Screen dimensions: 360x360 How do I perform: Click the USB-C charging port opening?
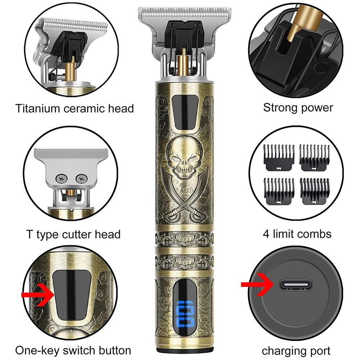(296, 285)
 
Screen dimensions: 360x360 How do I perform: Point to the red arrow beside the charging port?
(258, 284)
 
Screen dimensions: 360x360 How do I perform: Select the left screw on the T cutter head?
(62, 179)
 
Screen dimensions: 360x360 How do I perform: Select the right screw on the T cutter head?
(81, 178)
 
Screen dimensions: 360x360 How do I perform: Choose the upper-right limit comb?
(315, 158)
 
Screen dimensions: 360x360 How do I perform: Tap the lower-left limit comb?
(279, 191)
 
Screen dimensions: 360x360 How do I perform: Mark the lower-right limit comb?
(315, 191)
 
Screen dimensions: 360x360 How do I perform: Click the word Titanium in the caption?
(38, 108)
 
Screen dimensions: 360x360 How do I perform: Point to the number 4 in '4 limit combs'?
(266, 234)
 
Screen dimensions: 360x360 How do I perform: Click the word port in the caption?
(319, 351)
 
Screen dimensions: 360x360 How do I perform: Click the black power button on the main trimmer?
(185, 112)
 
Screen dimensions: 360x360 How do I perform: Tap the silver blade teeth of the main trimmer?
(185, 10)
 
